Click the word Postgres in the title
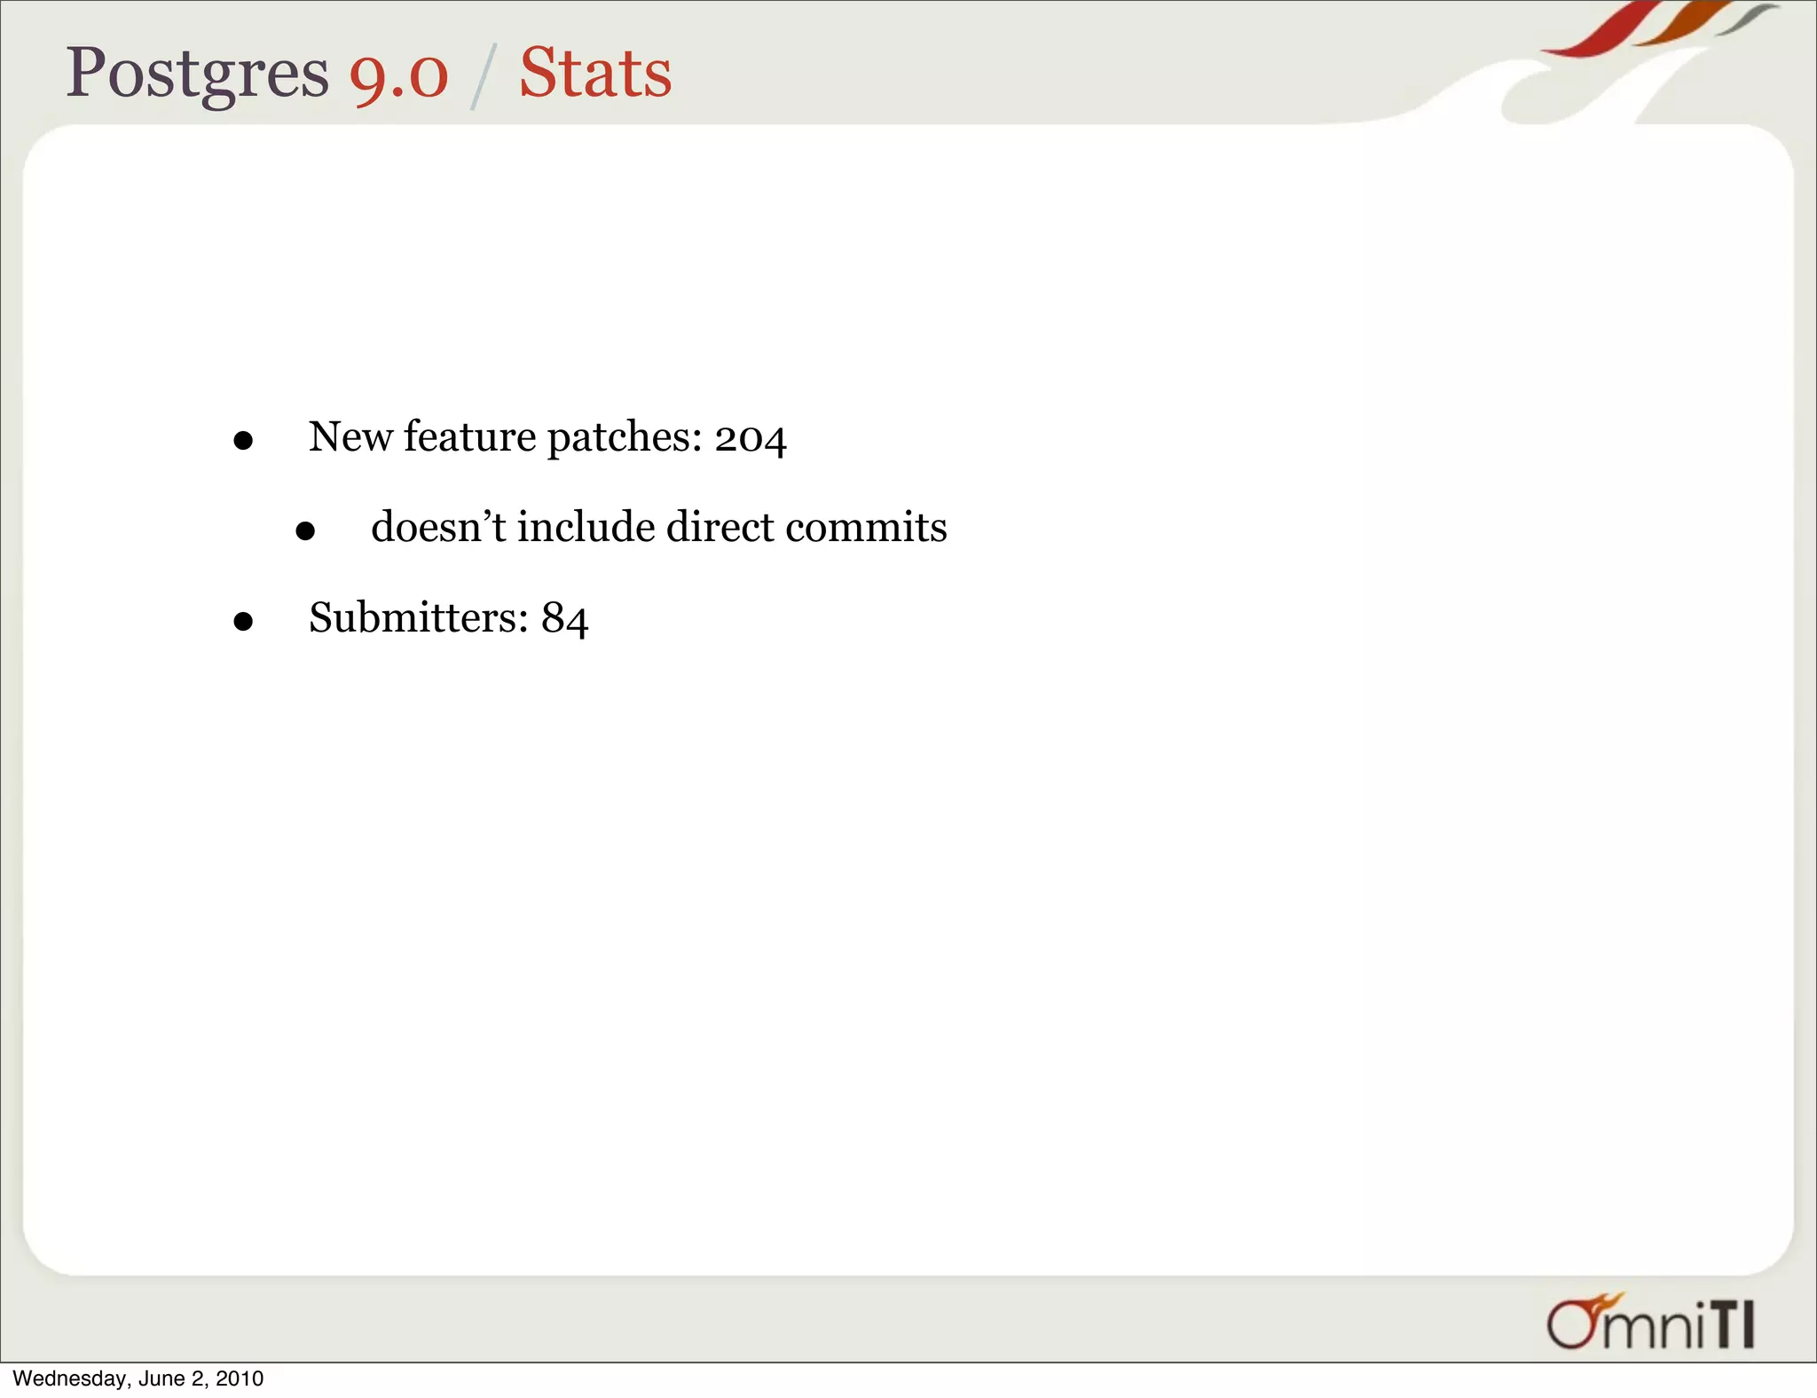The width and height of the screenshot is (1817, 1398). [197, 75]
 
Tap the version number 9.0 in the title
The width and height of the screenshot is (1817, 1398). [398, 75]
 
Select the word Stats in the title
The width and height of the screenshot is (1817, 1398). [595, 73]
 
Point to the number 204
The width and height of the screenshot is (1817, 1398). [751, 438]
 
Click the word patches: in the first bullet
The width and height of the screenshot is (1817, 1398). [625, 438]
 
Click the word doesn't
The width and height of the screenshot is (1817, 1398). [438, 527]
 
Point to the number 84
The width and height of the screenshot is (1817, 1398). [565, 618]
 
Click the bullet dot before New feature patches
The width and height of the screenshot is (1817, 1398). [243, 441]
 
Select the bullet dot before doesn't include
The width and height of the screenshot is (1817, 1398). [305, 531]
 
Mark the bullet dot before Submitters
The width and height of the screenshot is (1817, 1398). [243, 622]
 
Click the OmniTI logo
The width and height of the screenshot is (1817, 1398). [1650, 1323]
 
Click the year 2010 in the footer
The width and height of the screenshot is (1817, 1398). [240, 1378]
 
